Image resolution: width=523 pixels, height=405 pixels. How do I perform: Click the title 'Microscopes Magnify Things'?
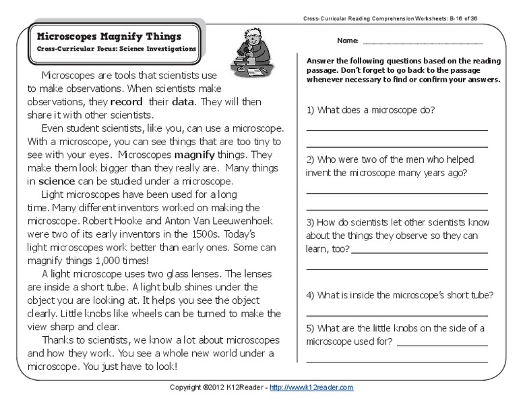(x=108, y=35)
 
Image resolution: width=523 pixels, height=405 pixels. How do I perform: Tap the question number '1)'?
(x=311, y=109)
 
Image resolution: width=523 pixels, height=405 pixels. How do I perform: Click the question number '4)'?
(x=311, y=295)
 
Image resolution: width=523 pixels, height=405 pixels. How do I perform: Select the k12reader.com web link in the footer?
(x=310, y=387)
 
